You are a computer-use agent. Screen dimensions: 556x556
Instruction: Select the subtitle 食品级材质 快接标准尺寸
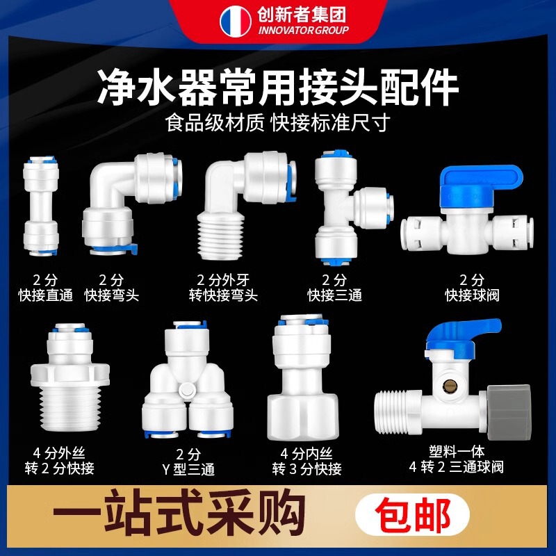(277, 123)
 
